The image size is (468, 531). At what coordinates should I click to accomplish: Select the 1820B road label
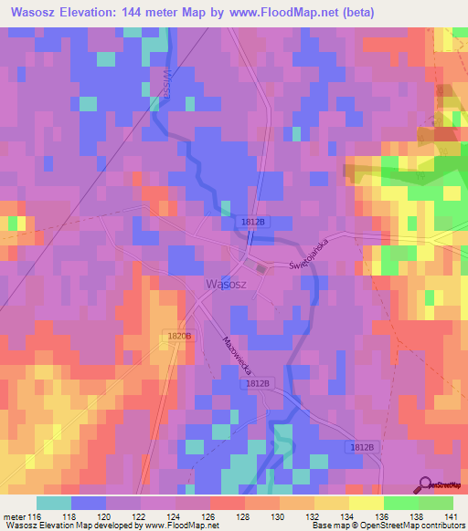click(x=180, y=337)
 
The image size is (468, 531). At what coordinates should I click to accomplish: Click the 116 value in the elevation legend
click(x=36, y=517)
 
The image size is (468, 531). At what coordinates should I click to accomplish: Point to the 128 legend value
click(x=244, y=517)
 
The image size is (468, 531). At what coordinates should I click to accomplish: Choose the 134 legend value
click(x=348, y=517)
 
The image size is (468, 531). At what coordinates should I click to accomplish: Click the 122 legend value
click(x=140, y=517)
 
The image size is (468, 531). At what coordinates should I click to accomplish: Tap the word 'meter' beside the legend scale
click(x=15, y=517)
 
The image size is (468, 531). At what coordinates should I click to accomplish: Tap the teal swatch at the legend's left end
click(x=54, y=503)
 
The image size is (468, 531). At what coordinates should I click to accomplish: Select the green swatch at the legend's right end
click(x=436, y=503)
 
